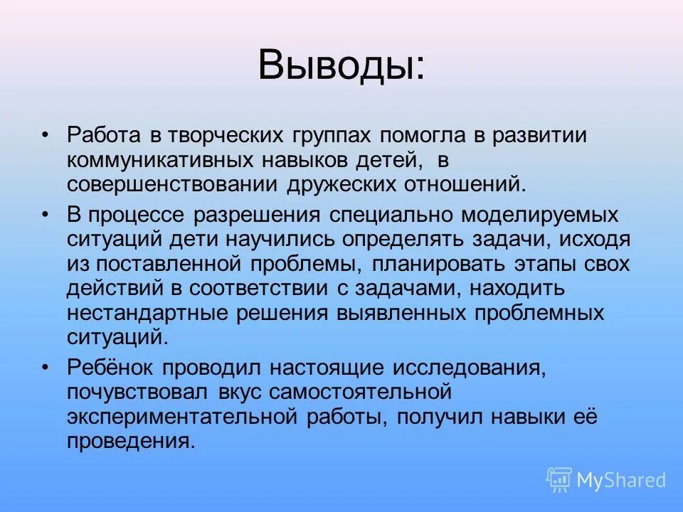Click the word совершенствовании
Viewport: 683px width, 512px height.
(174, 185)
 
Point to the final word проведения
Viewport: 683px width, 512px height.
(130, 442)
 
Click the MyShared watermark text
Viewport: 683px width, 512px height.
(620, 480)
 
